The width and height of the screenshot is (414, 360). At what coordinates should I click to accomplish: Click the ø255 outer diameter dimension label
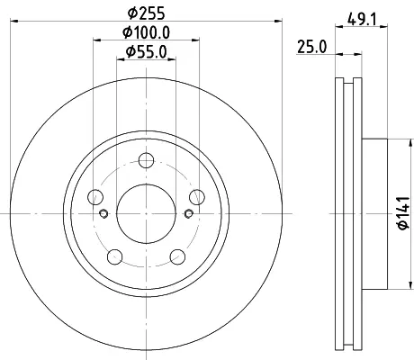(x=146, y=13)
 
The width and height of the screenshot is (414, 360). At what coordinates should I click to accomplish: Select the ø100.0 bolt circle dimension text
(x=146, y=32)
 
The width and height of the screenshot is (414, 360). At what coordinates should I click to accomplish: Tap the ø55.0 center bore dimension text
(x=146, y=51)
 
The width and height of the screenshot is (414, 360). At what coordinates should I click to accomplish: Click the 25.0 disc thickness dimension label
(x=311, y=47)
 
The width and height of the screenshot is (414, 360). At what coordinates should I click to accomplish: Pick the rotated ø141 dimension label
(x=404, y=213)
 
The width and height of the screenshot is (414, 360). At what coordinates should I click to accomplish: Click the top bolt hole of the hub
(x=147, y=160)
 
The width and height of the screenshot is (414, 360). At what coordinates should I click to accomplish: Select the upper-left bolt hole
(x=95, y=197)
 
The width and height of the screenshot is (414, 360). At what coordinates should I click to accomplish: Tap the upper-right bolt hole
(x=197, y=197)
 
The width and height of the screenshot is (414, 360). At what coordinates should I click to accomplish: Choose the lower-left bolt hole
(x=115, y=256)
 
